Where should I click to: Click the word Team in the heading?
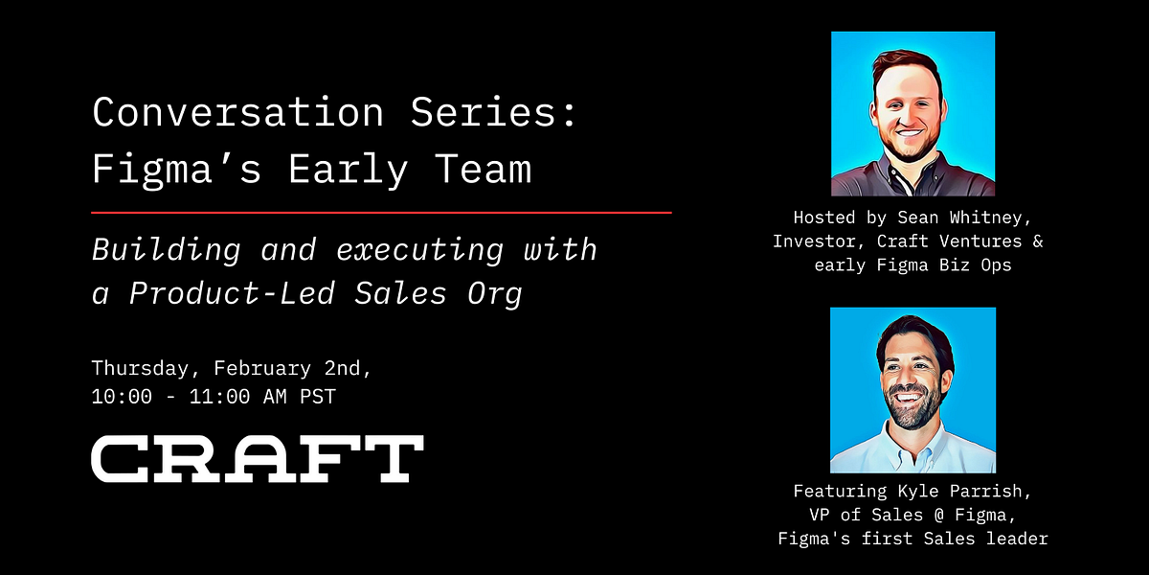[483, 170]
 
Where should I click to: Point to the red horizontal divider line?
[381, 212]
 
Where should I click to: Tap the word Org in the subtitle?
[498, 293]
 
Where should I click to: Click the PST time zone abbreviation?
[315, 396]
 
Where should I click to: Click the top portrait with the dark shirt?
[912, 114]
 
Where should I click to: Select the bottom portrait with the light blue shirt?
[912, 390]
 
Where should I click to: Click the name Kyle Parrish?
[963, 491]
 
